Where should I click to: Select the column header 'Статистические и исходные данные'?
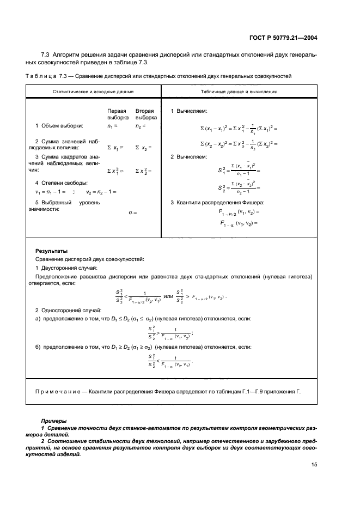93,92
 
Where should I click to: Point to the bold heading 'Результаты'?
51,251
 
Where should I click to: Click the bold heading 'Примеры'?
53,421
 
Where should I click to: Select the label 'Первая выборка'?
118,114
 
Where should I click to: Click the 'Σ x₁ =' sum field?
115,147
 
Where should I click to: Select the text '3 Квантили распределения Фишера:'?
212,203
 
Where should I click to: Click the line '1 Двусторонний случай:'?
66,268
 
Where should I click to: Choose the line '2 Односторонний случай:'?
68,310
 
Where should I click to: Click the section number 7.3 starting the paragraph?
46,56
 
